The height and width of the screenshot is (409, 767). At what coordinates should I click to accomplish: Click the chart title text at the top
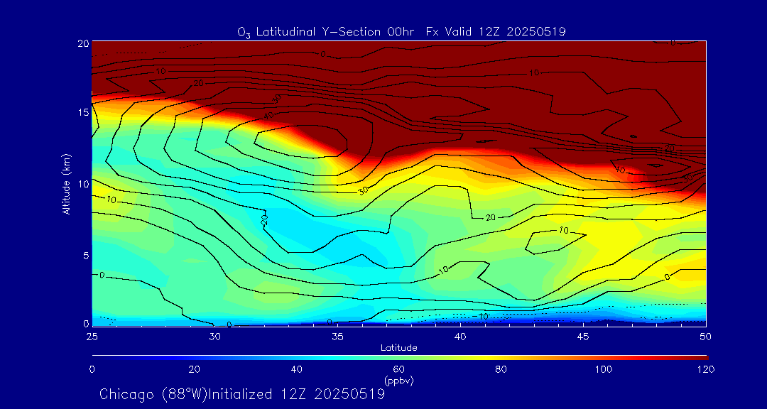coord(401,32)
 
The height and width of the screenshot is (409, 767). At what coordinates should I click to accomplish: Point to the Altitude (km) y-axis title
coord(66,183)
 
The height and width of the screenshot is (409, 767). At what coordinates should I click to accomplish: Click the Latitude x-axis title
coord(399,347)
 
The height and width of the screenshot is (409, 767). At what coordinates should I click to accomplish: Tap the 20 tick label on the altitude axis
coord(82,43)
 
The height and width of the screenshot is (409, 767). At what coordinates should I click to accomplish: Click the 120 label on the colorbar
coord(705,369)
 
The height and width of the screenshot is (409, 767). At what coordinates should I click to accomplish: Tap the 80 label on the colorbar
coord(501,369)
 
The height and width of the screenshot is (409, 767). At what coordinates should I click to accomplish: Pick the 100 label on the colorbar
coord(603,369)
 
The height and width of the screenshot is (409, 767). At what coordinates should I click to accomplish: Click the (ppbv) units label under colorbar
coord(399,380)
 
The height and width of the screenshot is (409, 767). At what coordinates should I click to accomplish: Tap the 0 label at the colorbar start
coord(92,369)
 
